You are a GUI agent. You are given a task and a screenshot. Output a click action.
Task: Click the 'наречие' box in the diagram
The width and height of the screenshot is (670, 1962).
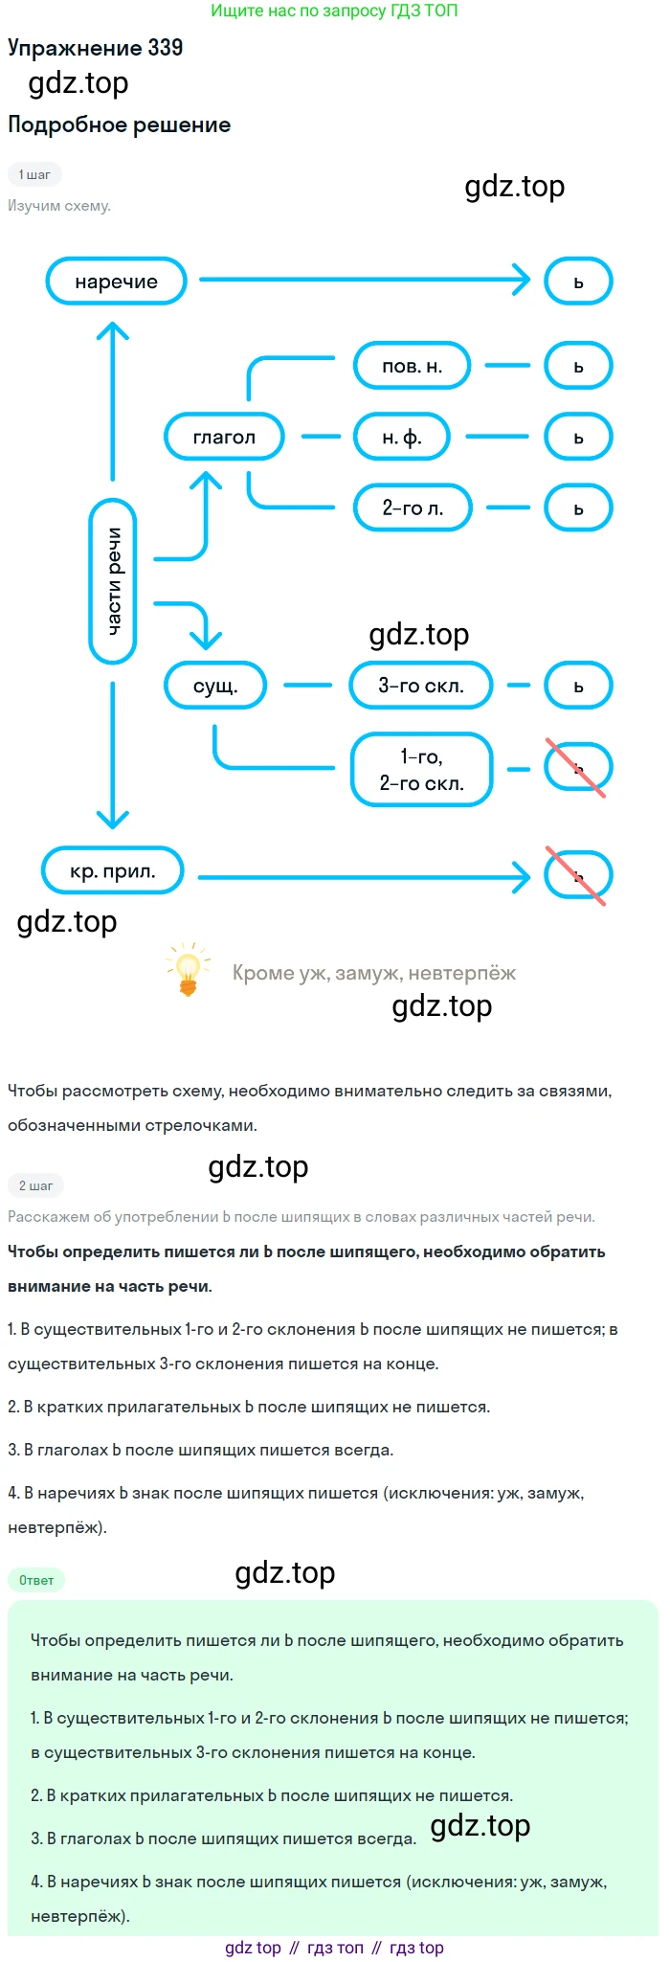pos(116,282)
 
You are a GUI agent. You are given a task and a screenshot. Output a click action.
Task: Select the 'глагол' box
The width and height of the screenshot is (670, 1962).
pos(224,438)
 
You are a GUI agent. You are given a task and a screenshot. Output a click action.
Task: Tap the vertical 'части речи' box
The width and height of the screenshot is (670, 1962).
pos(113,581)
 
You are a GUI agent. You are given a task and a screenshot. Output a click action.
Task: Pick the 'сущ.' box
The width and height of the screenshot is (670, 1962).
pos(215,686)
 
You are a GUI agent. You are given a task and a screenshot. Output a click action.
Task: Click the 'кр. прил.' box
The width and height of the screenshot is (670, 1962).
pos(112,871)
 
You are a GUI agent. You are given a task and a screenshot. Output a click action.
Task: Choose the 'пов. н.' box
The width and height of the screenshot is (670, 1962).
pos(412,367)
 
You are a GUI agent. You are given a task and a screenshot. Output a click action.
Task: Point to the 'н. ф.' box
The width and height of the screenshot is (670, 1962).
pos(402,438)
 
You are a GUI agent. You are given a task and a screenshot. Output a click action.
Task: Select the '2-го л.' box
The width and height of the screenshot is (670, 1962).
pos(413,508)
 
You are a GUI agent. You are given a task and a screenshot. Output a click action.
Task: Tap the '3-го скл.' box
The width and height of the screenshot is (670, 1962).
pos(421,686)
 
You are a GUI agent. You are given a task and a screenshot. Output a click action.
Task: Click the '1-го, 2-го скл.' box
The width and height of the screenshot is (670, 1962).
pos(421,770)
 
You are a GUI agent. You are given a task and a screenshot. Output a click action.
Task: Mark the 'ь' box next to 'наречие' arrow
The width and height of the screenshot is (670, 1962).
pos(578,282)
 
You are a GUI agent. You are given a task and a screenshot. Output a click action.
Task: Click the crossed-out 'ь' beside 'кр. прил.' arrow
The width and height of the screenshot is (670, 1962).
pos(577,875)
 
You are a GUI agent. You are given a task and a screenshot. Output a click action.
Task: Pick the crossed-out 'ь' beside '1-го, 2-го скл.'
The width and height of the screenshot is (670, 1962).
pos(577,768)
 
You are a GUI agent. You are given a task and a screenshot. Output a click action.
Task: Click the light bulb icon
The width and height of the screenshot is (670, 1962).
pos(188,969)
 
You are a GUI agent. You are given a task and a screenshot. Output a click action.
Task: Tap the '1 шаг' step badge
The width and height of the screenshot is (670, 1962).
pos(34,174)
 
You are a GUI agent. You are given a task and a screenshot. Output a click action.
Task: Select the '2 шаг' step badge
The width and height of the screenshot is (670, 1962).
pos(35,1185)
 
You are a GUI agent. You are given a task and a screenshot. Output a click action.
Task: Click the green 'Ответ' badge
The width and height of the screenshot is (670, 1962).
pos(36,1580)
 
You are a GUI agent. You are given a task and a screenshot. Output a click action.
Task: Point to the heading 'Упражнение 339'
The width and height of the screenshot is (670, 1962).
pos(95,48)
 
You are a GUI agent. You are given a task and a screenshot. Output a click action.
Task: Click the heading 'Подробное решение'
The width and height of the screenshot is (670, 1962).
pos(119,124)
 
